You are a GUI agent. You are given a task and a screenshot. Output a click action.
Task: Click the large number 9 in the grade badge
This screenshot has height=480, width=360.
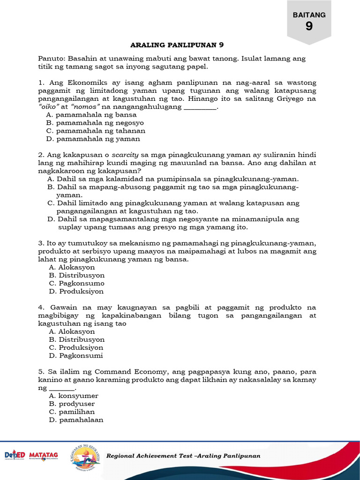tap(309, 27)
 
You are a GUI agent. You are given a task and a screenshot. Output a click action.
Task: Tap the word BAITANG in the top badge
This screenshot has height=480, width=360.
tap(309, 15)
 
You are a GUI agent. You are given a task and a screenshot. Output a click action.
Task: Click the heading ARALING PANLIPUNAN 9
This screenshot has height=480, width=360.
tap(177, 45)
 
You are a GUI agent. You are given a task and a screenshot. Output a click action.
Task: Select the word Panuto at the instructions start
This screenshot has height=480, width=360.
tap(52, 59)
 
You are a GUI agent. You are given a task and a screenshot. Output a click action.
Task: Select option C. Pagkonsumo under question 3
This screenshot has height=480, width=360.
tap(77, 283)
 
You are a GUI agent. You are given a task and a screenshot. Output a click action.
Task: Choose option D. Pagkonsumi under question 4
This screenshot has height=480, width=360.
tap(76, 355)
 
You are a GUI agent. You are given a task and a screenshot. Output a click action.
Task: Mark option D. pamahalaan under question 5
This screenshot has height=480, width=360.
tap(76, 420)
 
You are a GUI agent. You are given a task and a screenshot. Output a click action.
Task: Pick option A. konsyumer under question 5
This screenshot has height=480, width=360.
tap(74, 396)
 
